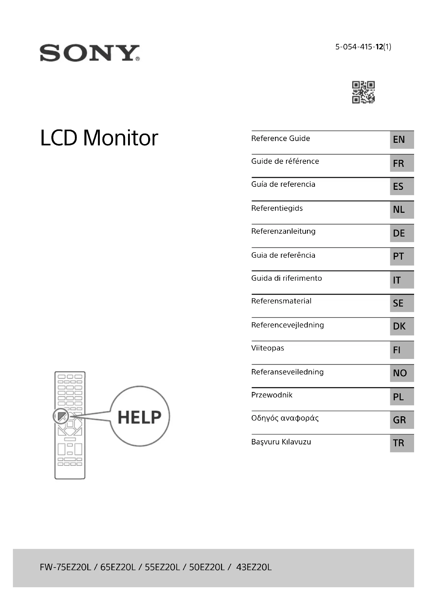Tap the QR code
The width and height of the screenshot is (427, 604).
[363, 92]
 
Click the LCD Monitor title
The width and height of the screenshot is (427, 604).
[99, 138]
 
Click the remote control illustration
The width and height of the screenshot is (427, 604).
[70, 425]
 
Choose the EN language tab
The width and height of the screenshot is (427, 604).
[402, 139]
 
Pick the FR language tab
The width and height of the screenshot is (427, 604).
[402, 163]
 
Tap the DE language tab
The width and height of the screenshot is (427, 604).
[402, 233]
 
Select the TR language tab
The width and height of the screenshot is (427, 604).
[402, 443]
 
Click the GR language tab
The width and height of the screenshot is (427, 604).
[402, 420]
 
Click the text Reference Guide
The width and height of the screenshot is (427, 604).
[281, 138]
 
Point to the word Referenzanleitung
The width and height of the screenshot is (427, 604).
[283, 231]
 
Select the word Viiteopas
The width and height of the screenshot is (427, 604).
[267, 348]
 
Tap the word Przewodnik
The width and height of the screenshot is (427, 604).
[272, 395]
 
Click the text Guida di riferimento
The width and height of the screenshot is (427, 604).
[286, 278]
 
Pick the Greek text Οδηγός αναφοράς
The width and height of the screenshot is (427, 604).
[285, 418]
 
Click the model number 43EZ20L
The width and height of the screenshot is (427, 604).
[254, 567]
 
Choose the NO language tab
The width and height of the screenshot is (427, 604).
[402, 373]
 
